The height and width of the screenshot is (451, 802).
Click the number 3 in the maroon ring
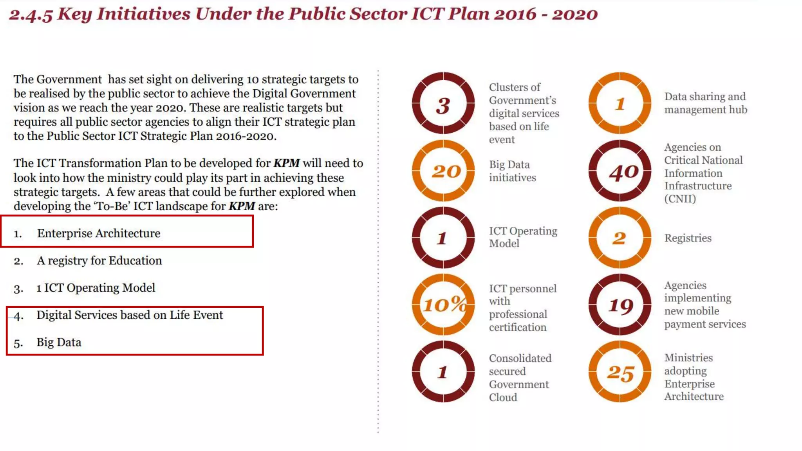[443, 106]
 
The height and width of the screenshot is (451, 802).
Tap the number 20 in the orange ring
[446, 171]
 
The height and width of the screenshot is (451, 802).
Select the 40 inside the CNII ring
[623, 172]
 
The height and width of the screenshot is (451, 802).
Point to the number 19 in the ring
[621, 305]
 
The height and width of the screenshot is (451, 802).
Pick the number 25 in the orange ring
[620, 373]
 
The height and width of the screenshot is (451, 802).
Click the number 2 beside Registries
[619, 238]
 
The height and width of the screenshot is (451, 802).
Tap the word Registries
[688, 238]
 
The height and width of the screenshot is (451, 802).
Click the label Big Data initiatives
[512, 171]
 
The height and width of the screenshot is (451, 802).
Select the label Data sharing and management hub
[706, 103]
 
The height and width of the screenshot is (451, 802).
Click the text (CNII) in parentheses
[680, 199]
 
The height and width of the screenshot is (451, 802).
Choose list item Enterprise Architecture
[98, 233]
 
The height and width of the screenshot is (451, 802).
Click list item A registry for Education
[99, 261]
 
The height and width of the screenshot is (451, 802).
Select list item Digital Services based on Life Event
[130, 315]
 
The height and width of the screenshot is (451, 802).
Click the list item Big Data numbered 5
[59, 343]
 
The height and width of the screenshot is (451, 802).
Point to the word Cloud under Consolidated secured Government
[503, 397]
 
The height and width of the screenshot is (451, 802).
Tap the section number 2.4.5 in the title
[31, 15]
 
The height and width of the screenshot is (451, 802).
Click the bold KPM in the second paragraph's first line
[286, 163]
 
